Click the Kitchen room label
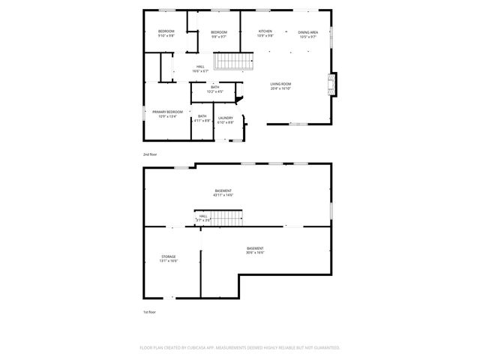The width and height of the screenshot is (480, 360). [x=265, y=31]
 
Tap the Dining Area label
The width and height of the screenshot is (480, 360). [x=308, y=31]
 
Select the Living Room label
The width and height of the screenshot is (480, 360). [x=280, y=84]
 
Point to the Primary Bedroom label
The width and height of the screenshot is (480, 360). [x=167, y=112]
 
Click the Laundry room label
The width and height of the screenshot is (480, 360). [x=225, y=118]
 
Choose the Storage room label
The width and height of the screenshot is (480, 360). [x=168, y=256]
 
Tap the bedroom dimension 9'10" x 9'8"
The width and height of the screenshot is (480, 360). [x=166, y=36]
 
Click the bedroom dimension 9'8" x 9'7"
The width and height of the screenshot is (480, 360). [x=218, y=36]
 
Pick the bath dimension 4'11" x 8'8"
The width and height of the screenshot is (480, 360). [x=202, y=121]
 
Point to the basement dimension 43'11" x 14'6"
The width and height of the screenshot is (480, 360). [x=223, y=195]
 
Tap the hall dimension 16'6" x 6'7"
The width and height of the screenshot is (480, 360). [x=200, y=71]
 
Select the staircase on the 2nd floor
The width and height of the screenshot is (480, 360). [x=231, y=61]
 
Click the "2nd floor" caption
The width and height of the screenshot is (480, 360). [x=150, y=154]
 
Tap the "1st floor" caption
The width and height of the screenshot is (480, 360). [x=150, y=311]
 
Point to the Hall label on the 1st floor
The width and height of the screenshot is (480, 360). [x=203, y=215]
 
